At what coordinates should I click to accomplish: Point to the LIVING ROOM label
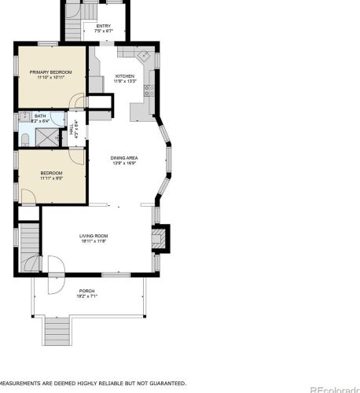93,236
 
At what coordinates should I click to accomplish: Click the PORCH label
86,291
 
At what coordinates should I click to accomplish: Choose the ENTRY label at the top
103,26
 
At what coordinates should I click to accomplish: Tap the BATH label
39,116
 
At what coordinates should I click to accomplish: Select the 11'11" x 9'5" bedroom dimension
51,178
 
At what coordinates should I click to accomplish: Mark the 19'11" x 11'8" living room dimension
93,241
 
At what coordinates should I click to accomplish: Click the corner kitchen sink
143,57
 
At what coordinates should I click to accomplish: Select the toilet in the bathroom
24,140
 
